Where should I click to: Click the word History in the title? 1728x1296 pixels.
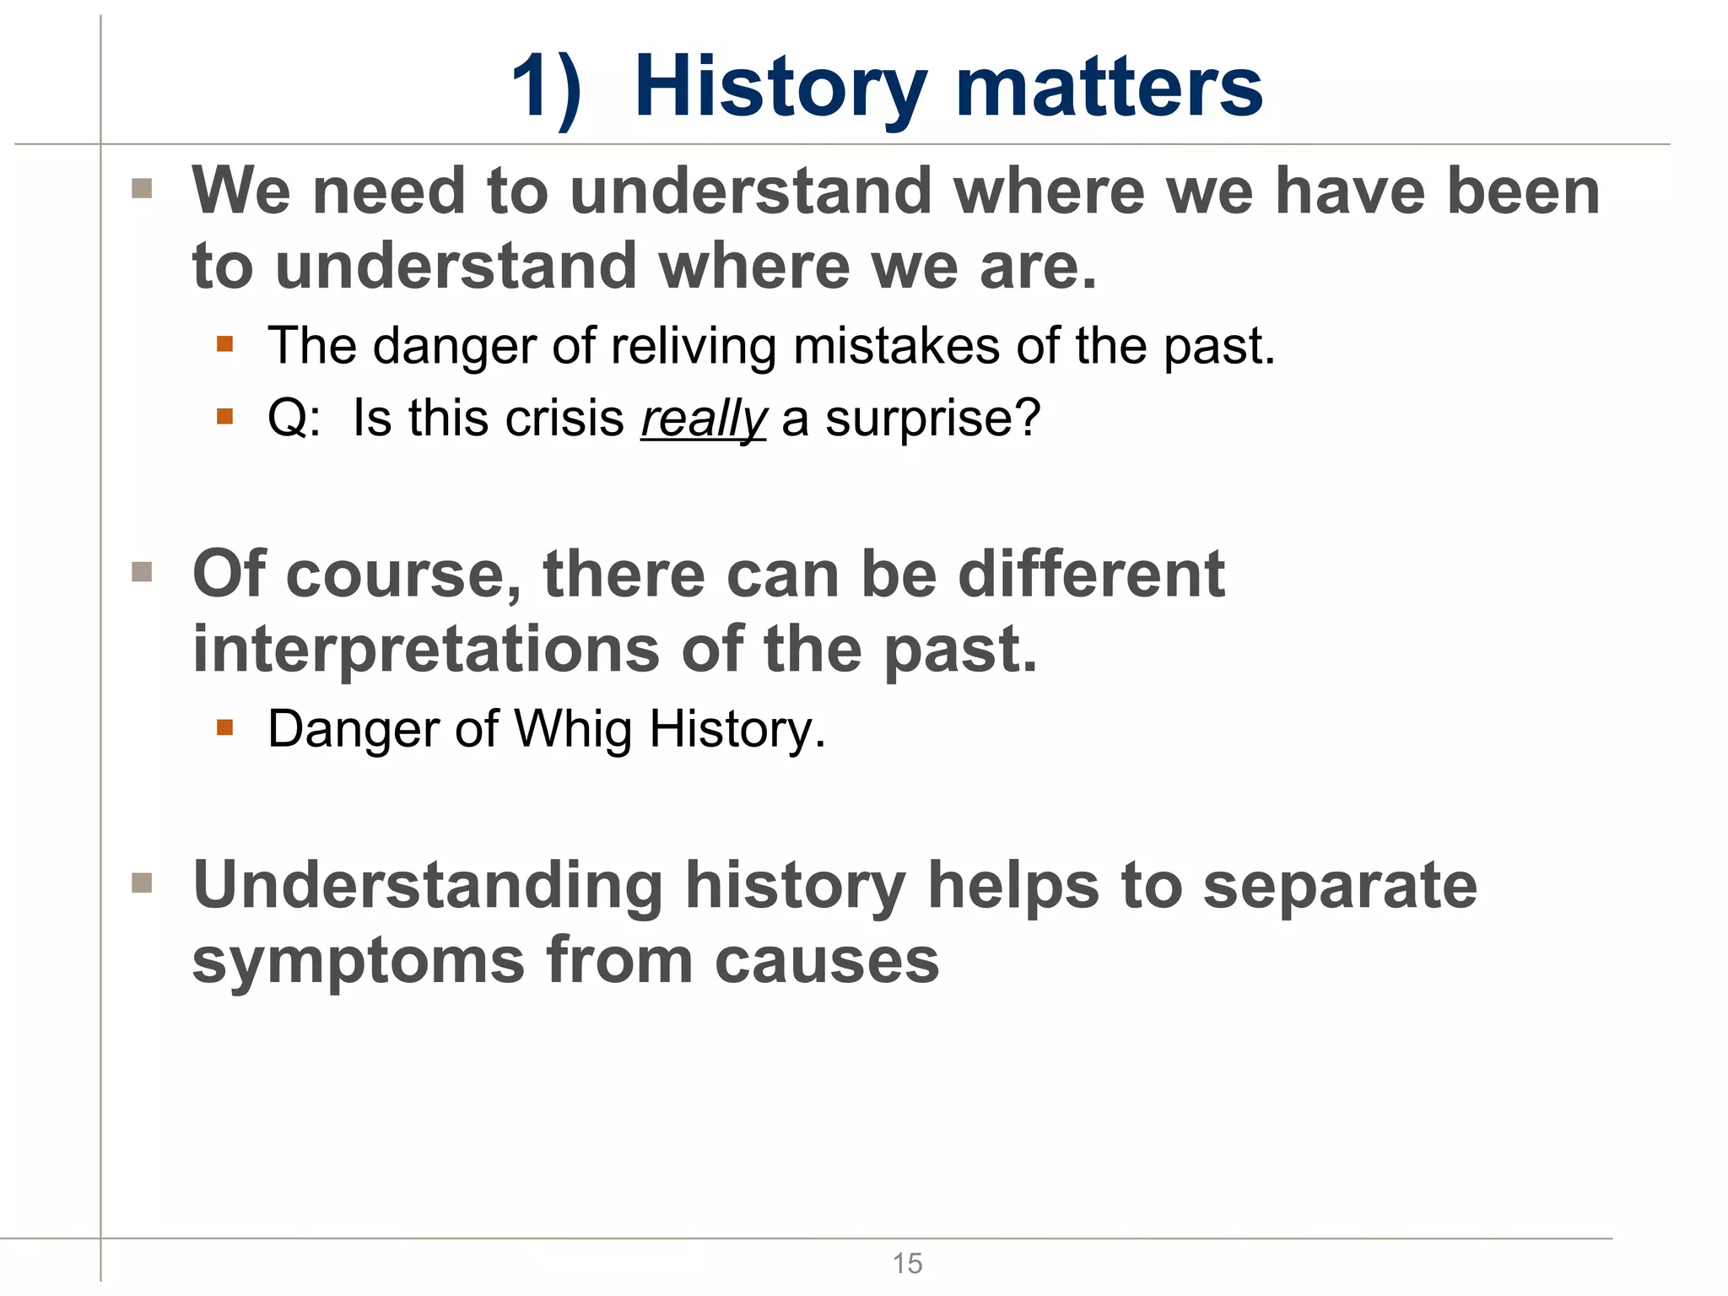[780, 88]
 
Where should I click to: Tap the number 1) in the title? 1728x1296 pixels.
[546, 88]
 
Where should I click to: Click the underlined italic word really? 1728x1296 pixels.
[703, 418]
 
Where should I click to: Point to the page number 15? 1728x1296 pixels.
[907, 1263]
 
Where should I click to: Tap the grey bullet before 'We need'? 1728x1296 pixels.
[142, 188]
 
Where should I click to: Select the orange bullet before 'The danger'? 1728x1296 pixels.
[224, 344]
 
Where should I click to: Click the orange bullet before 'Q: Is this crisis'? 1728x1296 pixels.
[224, 416]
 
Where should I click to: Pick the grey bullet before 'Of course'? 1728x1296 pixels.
[142, 572]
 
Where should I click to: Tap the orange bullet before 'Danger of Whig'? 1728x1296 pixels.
[224, 727]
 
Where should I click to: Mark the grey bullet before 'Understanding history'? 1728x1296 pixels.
[142, 883]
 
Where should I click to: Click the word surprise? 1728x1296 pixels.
[932, 418]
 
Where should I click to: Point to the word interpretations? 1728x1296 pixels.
[426, 650]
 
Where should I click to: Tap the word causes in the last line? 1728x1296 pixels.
[827, 962]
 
